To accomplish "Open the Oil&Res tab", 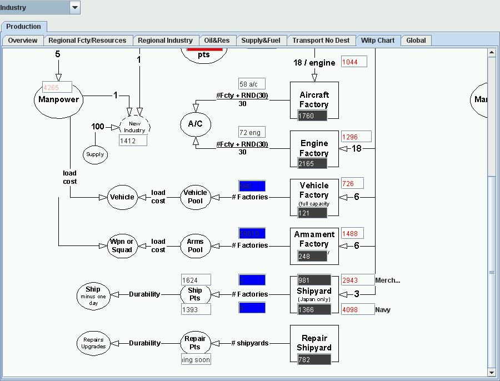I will click(217, 41).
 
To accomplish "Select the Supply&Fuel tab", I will click(261, 41).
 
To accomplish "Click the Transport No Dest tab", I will click(321, 41).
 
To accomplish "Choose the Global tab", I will click(416, 41).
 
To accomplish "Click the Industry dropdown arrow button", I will click(75, 8).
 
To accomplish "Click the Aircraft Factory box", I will click(314, 100).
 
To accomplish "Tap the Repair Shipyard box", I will click(314, 343).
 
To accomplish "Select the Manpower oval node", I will click(58, 100).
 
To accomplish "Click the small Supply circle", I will click(95, 154).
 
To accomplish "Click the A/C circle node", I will click(196, 124).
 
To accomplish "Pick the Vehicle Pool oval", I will click(195, 197).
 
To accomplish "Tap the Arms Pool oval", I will click(195, 245).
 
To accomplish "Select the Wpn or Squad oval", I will click(122, 245).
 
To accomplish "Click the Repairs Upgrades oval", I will click(93, 343).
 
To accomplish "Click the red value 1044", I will click(354, 62).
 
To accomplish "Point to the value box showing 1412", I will click(133, 141).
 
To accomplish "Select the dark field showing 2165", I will click(312, 164).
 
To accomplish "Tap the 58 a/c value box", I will click(252, 84).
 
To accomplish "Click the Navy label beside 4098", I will click(383, 310).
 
